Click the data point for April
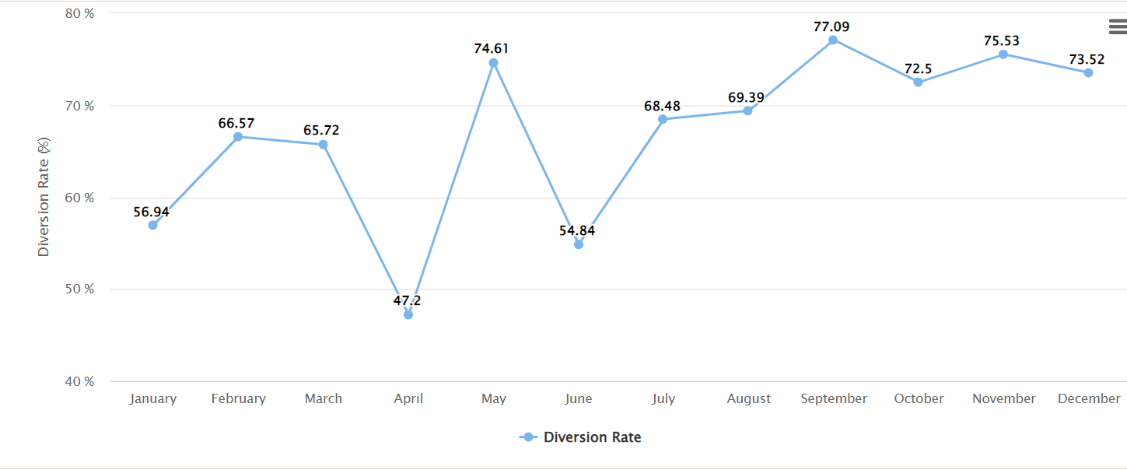pyautogui.click(x=408, y=314)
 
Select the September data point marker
pyautogui.click(x=833, y=40)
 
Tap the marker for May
pyautogui.click(x=493, y=63)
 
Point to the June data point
pyautogui.click(x=578, y=244)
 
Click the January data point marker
pyautogui.click(x=152, y=225)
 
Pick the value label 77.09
pyautogui.click(x=831, y=26)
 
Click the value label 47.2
pyautogui.click(x=408, y=300)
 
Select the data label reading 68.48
pyautogui.click(x=662, y=106)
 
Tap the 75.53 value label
pyautogui.click(x=1002, y=40)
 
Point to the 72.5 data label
pyautogui.click(x=918, y=68)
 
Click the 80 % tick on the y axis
pyautogui.click(x=79, y=13)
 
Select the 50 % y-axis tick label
pyautogui.click(x=79, y=289)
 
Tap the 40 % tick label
pyautogui.click(x=79, y=381)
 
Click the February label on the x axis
pyautogui.click(x=238, y=398)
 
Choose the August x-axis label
pyautogui.click(x=748, y=398)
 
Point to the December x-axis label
pyautogui.click(x=1088, y=398)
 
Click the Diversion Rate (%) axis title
pyautogui.click(x=44, y=197)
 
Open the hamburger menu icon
pyautogui.click(x=1117, y=27)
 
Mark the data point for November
pyautogui.click(x=1003, y=54)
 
